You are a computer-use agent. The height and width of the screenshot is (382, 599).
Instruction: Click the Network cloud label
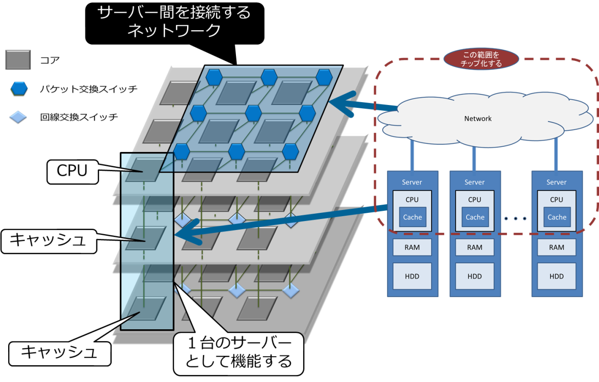pos(478,118)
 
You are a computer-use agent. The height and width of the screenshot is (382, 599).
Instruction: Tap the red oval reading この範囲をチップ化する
pos(481,59)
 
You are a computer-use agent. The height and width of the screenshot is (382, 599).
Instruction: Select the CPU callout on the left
pos(72,171)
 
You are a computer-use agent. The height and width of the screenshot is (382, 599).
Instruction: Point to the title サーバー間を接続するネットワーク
pos(174,21)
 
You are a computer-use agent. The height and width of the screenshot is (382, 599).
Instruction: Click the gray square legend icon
pos(18,59)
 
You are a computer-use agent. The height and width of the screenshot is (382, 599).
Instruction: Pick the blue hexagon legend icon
pos(19,88)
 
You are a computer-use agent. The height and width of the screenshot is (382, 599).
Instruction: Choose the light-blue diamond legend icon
pos(18,117)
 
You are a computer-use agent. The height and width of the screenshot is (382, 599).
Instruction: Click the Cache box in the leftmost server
pos(412,217)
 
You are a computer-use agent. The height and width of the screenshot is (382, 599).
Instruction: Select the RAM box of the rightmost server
pos(556,247)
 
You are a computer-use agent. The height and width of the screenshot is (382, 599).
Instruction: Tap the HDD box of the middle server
pos(475,276)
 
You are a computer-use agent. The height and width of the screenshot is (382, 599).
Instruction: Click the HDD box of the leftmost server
pos(412,276)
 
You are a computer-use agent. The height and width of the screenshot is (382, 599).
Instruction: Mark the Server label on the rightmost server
pos(556,182)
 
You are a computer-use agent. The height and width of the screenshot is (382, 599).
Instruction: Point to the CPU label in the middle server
pos(475,199)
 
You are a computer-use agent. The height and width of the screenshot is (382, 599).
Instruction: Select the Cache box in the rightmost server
pos(557,217)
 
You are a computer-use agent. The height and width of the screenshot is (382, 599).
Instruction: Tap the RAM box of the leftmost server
pos(412,247)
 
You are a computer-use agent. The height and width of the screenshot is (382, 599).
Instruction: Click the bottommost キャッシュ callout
pos(59,352)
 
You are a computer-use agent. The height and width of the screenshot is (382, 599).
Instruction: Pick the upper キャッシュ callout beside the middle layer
pos(48,240)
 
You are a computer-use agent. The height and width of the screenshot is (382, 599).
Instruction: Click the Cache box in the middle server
pos(475,217)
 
